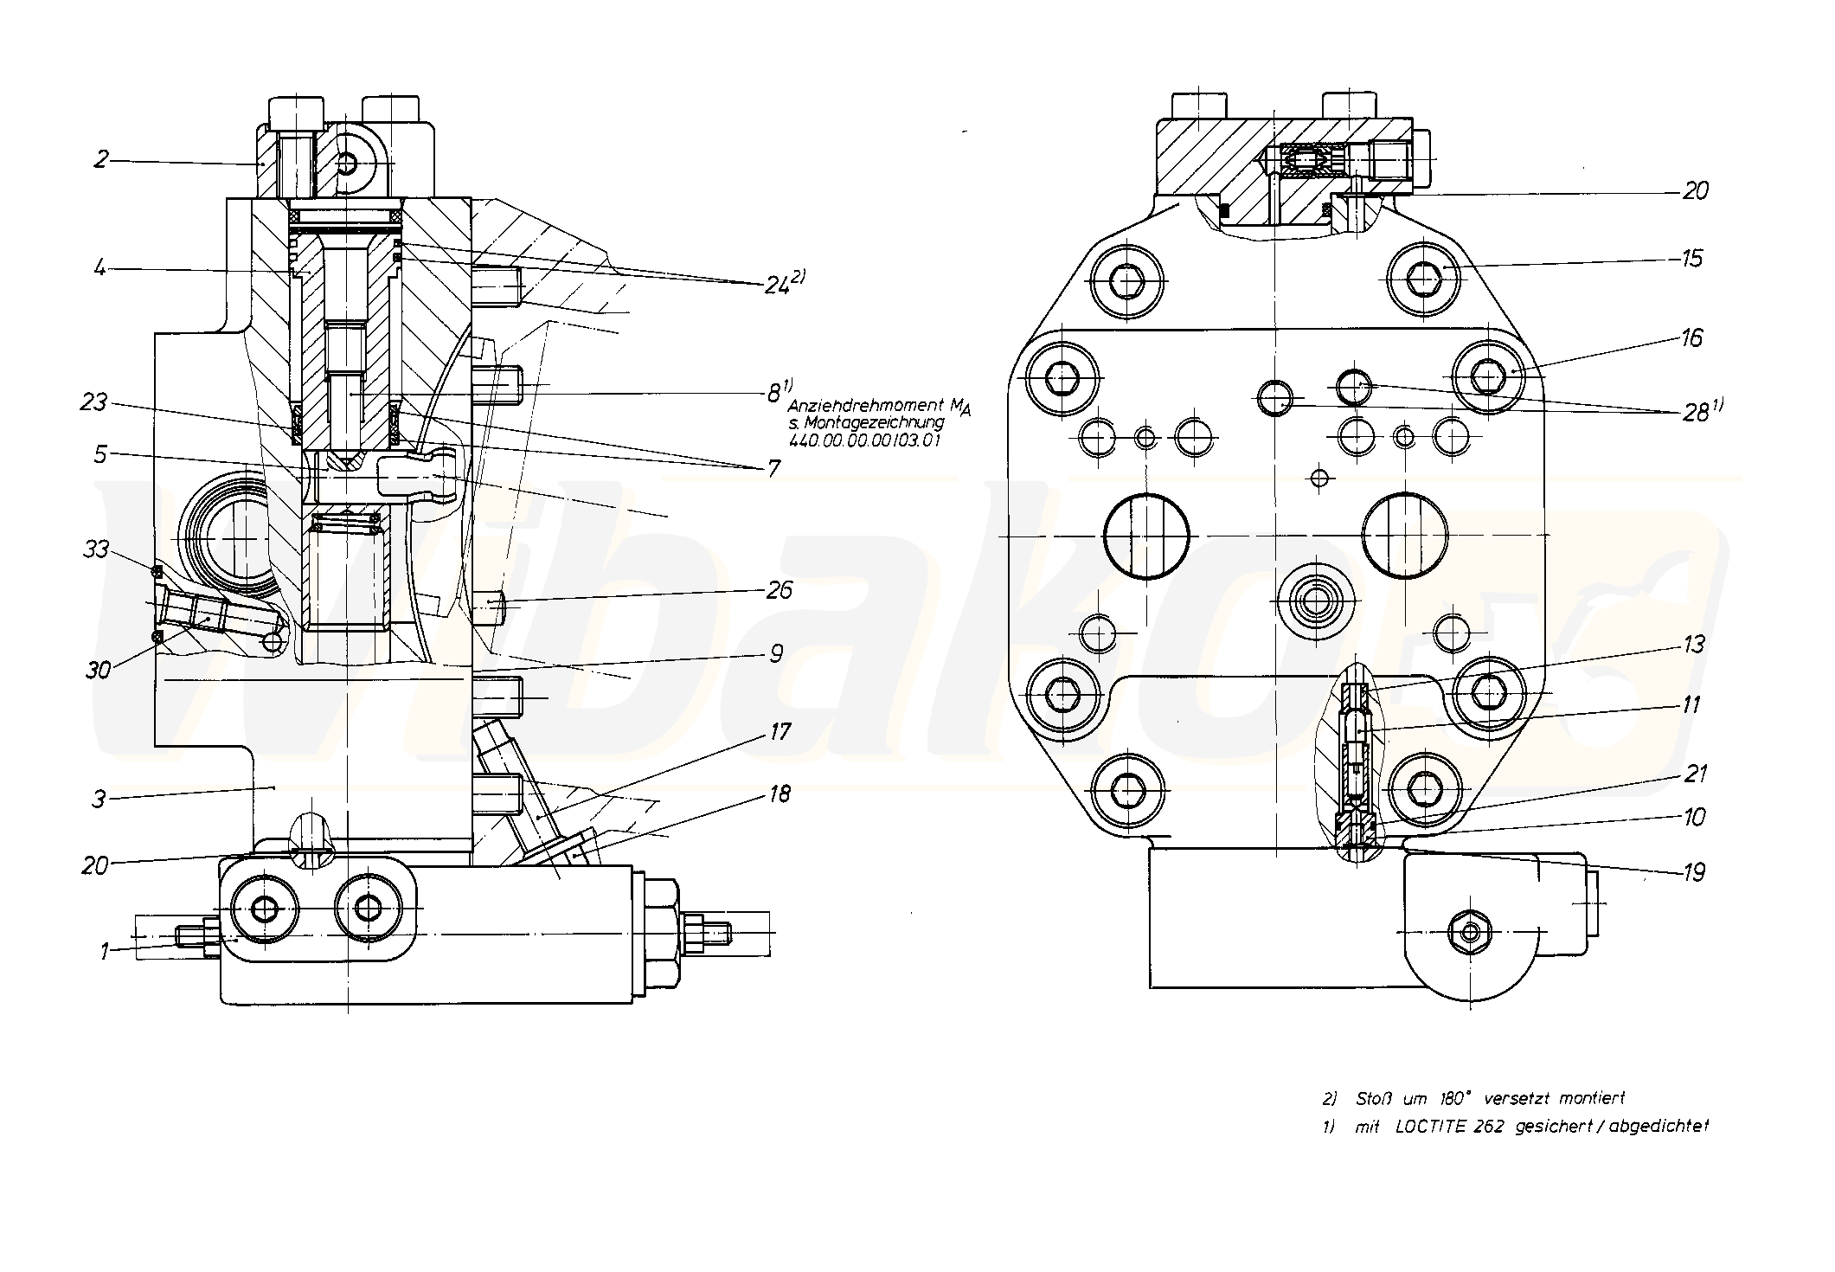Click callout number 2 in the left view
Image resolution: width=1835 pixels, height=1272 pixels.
102,158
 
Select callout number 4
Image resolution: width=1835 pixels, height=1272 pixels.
100,268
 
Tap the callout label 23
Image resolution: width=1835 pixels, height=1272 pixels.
95,402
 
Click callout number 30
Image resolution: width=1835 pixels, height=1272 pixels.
98,669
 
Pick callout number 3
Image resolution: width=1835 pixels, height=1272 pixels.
99,798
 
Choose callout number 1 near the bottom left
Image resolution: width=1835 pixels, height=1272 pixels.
105,952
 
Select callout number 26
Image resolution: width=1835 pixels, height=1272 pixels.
779,589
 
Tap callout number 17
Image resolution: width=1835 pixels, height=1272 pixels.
780,732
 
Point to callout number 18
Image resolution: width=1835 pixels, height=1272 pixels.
780,793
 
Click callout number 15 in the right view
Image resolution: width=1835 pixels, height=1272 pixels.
1691,258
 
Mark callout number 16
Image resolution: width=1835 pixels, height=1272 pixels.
1691,337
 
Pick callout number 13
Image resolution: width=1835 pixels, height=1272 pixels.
1692,644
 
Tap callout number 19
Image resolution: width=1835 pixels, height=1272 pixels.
1693,871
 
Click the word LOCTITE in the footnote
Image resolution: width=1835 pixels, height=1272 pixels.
1428,1126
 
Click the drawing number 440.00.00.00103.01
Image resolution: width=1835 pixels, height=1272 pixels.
865,440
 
